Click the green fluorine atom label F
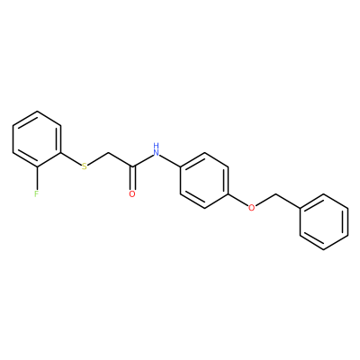coord(37,193)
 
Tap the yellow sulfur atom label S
coord(85,166)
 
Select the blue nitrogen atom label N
coord(156,152)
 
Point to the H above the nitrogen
coord(156,146)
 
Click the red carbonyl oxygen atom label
coord(132,193)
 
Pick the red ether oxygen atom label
coord(252,208)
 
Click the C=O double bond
coord(132,177)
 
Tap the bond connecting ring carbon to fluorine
coord(37,178)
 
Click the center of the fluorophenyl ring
coord(37,139)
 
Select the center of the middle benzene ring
coord(204,180)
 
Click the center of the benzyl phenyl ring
coord(324,221)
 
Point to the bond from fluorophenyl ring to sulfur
coord(71,158)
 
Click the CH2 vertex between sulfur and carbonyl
coord(108,153)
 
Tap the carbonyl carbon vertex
coord(132,166)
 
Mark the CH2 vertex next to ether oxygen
coord(276,194)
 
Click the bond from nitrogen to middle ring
coord(170,160)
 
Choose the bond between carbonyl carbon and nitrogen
coord(142,160)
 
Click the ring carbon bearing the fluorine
coord(37,166)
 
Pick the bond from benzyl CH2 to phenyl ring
coord(288,201)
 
